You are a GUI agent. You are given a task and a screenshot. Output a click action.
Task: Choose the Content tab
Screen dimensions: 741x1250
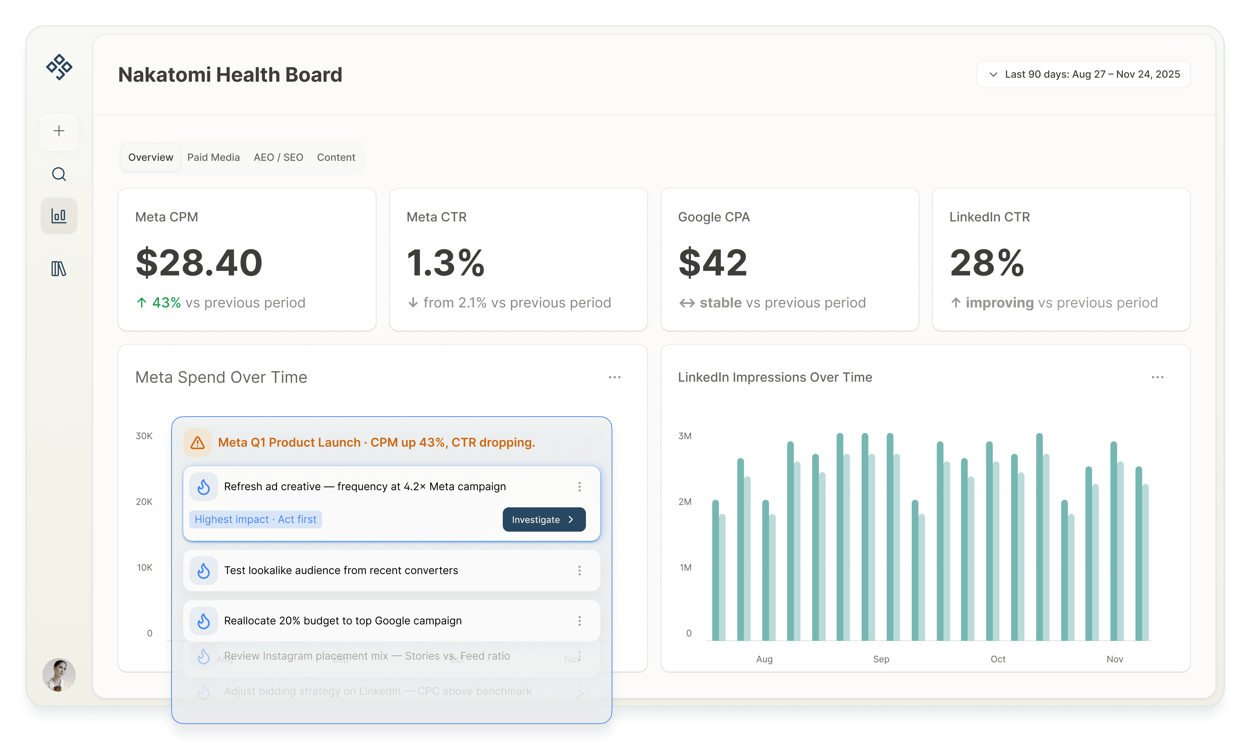(336, 157)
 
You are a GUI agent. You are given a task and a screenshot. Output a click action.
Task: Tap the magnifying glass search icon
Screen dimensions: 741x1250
(59, 174)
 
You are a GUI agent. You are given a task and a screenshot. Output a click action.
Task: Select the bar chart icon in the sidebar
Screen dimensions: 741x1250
(59, 216)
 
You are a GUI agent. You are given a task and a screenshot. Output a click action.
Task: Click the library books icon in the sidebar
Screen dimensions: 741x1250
(59, 269)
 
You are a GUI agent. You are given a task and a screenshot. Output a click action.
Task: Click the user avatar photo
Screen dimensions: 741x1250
(59, 675)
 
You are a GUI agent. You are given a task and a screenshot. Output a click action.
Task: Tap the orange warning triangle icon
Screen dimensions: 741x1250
(198, 443)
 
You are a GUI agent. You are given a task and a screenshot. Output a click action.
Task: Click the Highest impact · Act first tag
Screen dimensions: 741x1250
(255, 519)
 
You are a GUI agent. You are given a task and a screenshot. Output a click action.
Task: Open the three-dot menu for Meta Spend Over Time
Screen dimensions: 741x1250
(615, 377)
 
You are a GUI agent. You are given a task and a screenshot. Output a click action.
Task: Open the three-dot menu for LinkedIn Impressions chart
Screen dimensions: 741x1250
(1157, 377)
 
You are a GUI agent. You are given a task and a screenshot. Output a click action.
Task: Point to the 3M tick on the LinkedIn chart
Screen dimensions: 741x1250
(685, 436)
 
